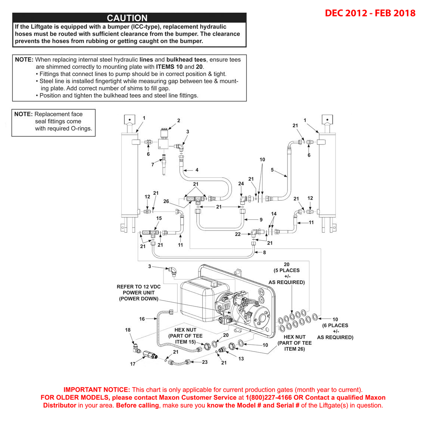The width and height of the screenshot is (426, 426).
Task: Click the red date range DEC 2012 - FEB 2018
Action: [370, 13]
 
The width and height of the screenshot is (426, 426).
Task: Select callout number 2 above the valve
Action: [179, 120]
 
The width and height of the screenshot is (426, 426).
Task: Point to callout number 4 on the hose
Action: [197, 170]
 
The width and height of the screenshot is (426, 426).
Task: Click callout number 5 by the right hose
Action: [272, 170]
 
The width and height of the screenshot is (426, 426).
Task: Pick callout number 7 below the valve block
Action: [153, 164]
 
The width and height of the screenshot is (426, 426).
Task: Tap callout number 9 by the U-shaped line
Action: [261, 220]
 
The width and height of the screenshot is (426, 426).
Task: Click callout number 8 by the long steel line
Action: [264, 252]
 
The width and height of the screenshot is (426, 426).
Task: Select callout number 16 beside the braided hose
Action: [142, 319]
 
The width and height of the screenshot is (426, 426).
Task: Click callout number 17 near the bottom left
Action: [133, 364]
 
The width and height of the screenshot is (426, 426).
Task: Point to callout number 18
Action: [128, 330]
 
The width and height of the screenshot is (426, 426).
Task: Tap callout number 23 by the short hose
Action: [205, 362]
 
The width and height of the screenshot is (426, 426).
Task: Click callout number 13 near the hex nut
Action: [241, 359]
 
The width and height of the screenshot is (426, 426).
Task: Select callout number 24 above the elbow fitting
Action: [241, 184]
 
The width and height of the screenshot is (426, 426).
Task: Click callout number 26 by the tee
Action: [166, 201]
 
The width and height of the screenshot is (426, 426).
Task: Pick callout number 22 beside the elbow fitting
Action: [238, 234]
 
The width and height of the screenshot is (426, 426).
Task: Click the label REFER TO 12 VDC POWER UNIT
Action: [139, 293]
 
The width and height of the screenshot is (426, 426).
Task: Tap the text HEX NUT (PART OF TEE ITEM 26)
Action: [295, 343]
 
